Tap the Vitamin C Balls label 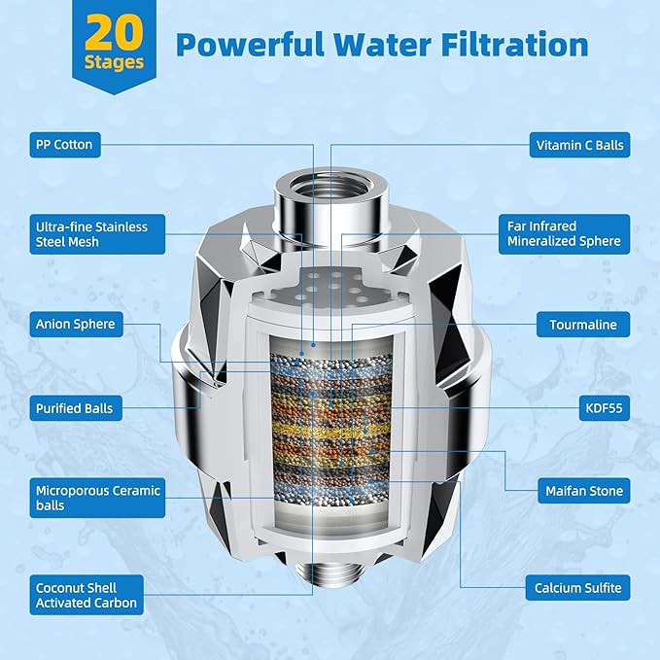[x=581, y=146]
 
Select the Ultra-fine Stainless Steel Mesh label [x=90, y=234]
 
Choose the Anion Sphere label [x=76, y=324]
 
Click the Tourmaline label [x=583, y=325]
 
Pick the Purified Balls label [x=75, y=408]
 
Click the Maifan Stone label [x=583, y=492]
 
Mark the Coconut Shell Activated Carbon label [x=87, y=596]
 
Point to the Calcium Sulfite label [x=578, y=588]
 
